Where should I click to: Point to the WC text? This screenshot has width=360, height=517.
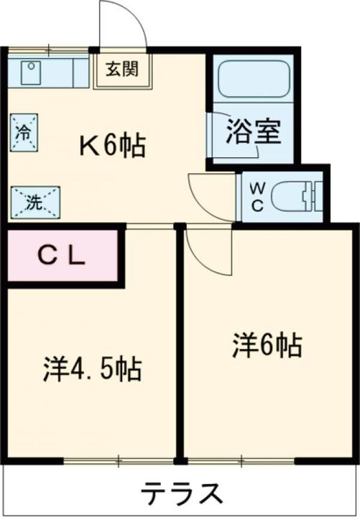click(257, 195)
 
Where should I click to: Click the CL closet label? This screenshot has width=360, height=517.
click(62, 256)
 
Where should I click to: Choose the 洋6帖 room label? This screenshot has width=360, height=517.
click(267, 346)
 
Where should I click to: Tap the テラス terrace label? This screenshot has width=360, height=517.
click(180, 494)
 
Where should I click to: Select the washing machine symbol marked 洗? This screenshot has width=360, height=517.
click(34, 202)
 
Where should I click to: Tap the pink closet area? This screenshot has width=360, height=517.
click(62, 256)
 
